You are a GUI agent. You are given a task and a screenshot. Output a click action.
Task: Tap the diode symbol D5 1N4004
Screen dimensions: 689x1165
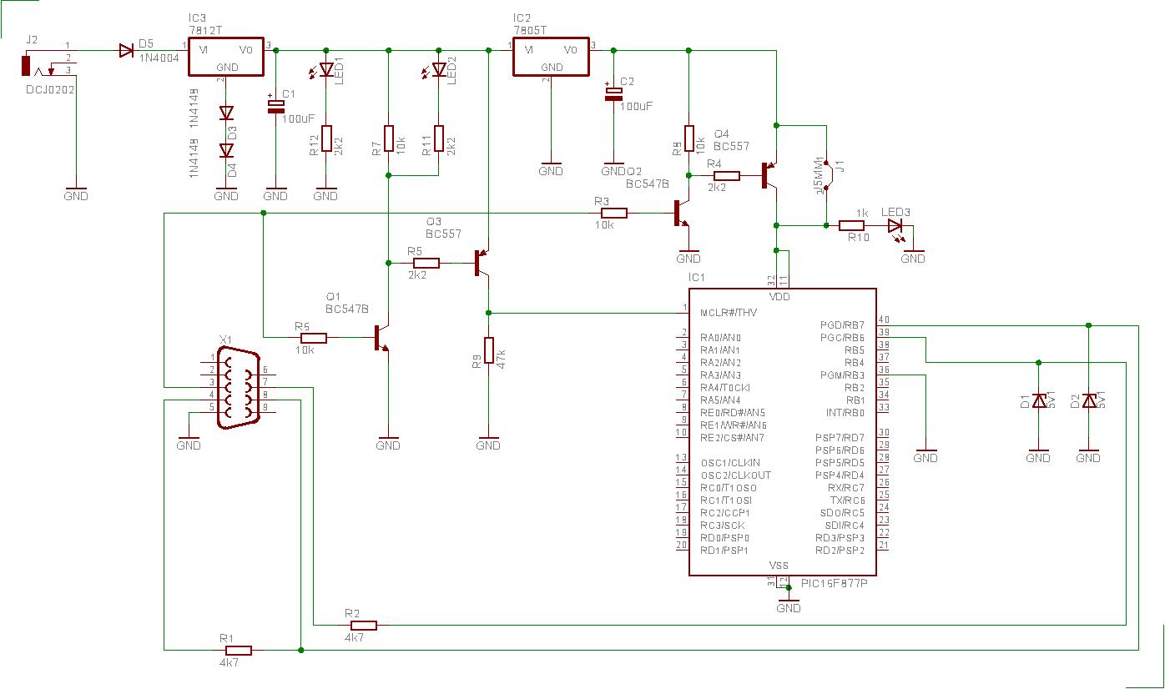127,50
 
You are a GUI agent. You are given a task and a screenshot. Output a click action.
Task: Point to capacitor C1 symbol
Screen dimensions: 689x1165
275,104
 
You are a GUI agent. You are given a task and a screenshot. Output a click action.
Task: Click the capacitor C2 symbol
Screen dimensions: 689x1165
613,93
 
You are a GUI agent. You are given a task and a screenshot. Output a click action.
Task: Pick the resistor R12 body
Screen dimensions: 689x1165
325,138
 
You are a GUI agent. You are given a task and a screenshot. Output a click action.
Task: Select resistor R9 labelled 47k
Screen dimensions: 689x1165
488,351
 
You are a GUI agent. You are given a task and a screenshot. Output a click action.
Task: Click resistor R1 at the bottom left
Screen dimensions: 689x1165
238,650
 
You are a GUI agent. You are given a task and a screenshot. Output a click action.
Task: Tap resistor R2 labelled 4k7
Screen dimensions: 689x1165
363,625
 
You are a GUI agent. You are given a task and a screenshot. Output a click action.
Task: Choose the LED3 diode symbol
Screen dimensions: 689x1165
895,225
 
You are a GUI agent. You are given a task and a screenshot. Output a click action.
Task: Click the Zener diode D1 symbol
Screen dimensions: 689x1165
1038,401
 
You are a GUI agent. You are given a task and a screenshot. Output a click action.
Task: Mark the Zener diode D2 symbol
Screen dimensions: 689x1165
1088,401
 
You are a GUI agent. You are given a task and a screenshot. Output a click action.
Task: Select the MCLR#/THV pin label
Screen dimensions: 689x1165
730,313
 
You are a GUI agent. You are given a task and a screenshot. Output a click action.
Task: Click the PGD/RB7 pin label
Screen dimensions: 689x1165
842,325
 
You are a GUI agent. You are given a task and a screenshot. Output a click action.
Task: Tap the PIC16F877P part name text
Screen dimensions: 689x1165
835,583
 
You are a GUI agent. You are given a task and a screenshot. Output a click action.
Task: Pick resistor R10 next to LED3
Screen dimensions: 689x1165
851,225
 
